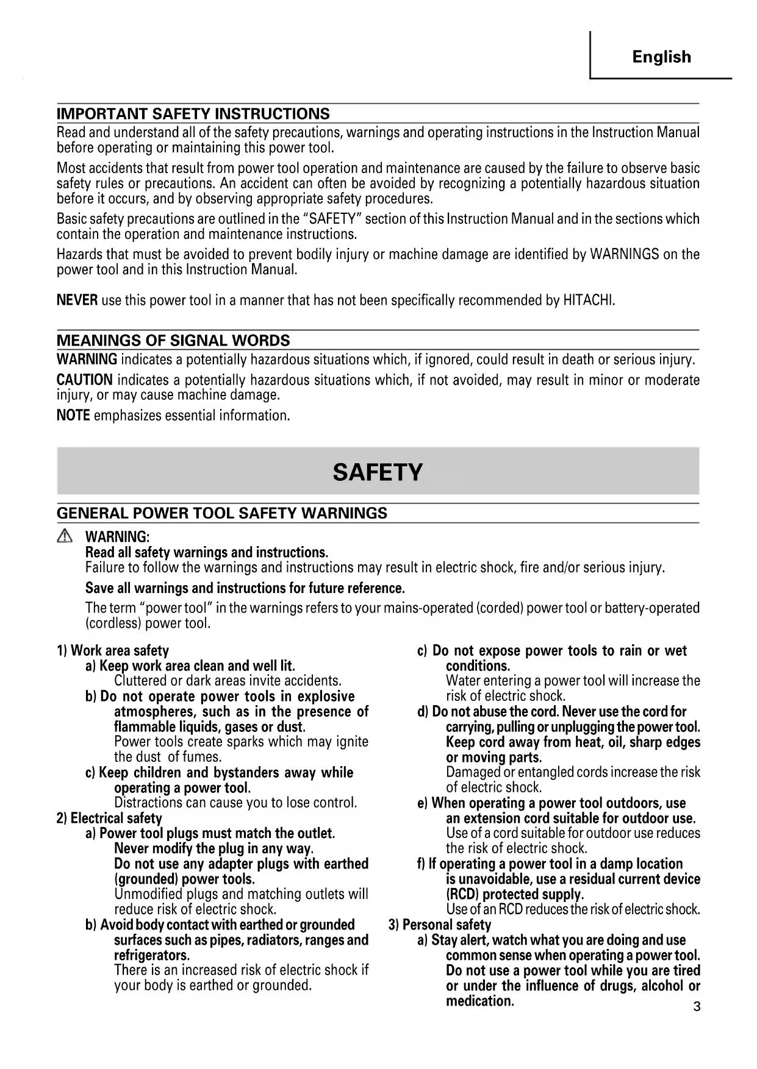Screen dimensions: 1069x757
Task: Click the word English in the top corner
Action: tap(661, 57)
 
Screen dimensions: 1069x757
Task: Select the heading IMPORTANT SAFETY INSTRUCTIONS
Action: tap(193, 114)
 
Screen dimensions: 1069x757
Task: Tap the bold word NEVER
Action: tap(77, 300)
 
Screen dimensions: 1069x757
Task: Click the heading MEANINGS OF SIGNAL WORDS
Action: tap(173, 341)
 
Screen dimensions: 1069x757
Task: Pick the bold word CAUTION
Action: tap(84, 380)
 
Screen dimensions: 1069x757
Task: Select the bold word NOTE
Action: tap(73, 416)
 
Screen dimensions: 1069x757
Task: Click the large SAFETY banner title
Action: tap(378, 472)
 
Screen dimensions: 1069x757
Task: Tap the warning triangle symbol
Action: tap(64, 536)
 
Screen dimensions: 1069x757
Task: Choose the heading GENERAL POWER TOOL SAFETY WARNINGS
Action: tap(221, 513)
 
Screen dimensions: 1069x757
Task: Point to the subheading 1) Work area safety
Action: tap(112, 651)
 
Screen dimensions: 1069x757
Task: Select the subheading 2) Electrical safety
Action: tap(109, 819)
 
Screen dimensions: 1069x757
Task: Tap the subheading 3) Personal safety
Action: tap(440, 925)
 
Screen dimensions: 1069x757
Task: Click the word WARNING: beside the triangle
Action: tap(117, 537)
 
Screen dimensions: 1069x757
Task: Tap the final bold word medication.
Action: tap(480, 1001)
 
